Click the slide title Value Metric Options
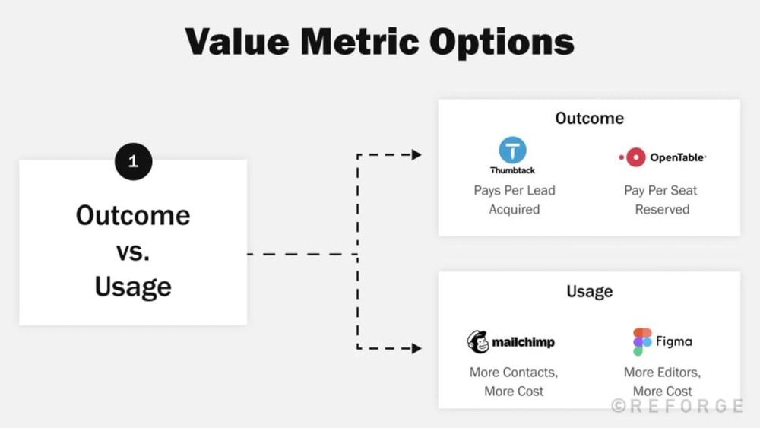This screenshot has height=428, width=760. pos(379,43)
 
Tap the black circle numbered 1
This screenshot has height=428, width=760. pos(133,160)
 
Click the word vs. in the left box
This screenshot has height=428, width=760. pos(133,252)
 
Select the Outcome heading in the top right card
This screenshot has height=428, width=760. pos(589,119)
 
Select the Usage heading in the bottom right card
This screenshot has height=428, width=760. pos(589,291)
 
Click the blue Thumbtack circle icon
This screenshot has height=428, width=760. pos(512,151)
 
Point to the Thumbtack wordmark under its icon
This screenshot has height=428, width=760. pos(512,170)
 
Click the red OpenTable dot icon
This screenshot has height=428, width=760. pos(632,157)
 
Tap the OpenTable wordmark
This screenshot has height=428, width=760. pos(677,157)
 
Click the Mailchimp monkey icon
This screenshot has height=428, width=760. pos(477,342)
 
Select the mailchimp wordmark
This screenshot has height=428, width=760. pos(523,342)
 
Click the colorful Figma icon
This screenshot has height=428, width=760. pos(642,342)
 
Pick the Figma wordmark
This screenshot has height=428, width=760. pos(674,341)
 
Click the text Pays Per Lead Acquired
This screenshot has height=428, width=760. pos(515,200)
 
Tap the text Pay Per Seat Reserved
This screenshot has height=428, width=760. pos(661,200)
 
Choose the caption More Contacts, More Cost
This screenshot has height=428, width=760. pos(514,382)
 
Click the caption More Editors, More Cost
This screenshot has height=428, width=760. pos(662,382)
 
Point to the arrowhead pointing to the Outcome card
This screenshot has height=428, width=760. pos(416,155)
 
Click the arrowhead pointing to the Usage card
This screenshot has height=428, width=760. pos(416,349)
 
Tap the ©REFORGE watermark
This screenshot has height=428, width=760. pos(677,406)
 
